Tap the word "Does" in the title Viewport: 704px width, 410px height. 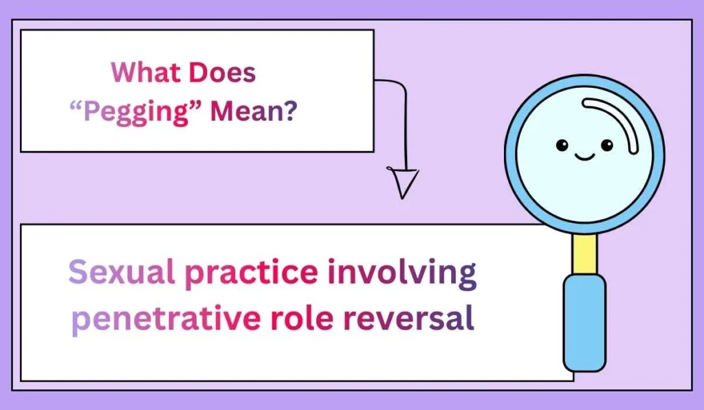(222, 72)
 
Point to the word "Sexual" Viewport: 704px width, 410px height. (122, 273)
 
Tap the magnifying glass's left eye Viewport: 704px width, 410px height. (562, 145)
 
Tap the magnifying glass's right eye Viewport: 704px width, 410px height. (606, 145)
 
